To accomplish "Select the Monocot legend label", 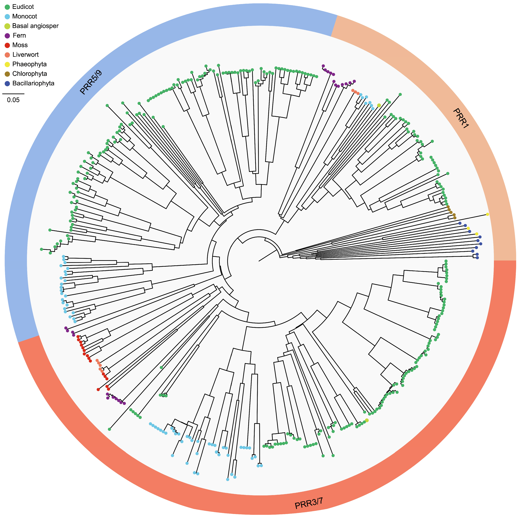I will coord(24,16).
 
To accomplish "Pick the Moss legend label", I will coord(20,45).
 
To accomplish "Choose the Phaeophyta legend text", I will coord(29,64).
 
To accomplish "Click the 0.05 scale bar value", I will coord(13,100).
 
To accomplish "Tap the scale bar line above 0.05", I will coord(13,94).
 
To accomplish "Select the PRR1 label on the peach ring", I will coord(461,118).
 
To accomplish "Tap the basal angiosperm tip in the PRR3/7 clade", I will coord(367,420).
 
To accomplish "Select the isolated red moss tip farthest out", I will coord(98,389).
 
